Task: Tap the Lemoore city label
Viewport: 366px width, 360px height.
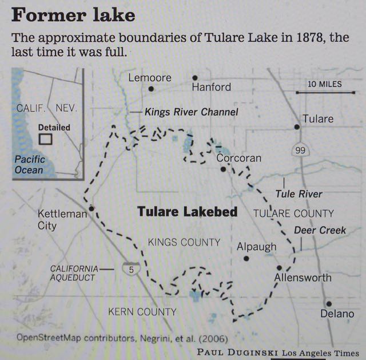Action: (x=150, y=77)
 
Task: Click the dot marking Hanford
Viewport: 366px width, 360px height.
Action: (x=195, y=77)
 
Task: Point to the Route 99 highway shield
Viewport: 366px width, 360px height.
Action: (x=297, y=149)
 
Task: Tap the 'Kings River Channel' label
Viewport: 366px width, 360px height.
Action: (x=191, y=112)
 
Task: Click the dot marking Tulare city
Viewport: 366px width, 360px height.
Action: (x=297, y=127)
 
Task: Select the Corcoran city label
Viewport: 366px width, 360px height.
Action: (x=238, y=159)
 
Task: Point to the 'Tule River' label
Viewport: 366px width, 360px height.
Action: (x=299, y=194)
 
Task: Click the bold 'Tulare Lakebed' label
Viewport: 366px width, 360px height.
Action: (x=187, y=212)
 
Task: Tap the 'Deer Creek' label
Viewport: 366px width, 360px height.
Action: (x=320, y=230)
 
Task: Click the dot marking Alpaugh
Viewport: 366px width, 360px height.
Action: (x=246, y=258)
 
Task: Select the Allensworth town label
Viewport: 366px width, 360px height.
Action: (x=303, y=278)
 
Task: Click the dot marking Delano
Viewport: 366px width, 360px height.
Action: (x=328, y=303)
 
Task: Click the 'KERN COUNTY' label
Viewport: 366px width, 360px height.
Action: (x=142, y=312)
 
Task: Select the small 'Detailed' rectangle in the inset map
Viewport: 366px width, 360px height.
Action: (x=45, y=139)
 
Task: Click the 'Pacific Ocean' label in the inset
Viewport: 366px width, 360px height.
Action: (x=29, y=164)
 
